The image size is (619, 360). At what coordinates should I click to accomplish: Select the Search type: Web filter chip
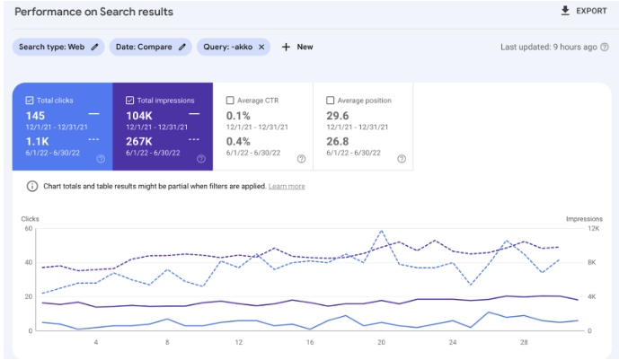57,47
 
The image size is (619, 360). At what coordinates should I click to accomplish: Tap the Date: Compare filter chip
150,47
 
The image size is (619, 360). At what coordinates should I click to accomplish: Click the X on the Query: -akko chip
261,47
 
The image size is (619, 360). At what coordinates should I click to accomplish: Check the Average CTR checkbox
231,101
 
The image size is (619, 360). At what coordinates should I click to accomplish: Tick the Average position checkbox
332,101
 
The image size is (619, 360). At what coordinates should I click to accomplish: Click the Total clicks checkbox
30,101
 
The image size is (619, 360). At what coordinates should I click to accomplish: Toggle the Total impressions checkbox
131,101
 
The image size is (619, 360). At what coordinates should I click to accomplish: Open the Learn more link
286,187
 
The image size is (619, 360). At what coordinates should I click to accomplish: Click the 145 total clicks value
36,116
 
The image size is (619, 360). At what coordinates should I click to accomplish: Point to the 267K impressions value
139,141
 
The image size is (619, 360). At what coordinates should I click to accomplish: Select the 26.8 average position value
339,141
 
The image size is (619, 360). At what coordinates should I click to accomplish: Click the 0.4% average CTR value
238,141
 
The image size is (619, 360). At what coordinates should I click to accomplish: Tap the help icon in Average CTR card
301,159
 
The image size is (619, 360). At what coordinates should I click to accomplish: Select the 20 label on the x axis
381,343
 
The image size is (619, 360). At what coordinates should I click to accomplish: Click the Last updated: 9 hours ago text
548,47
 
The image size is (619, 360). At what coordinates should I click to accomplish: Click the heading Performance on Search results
94,12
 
